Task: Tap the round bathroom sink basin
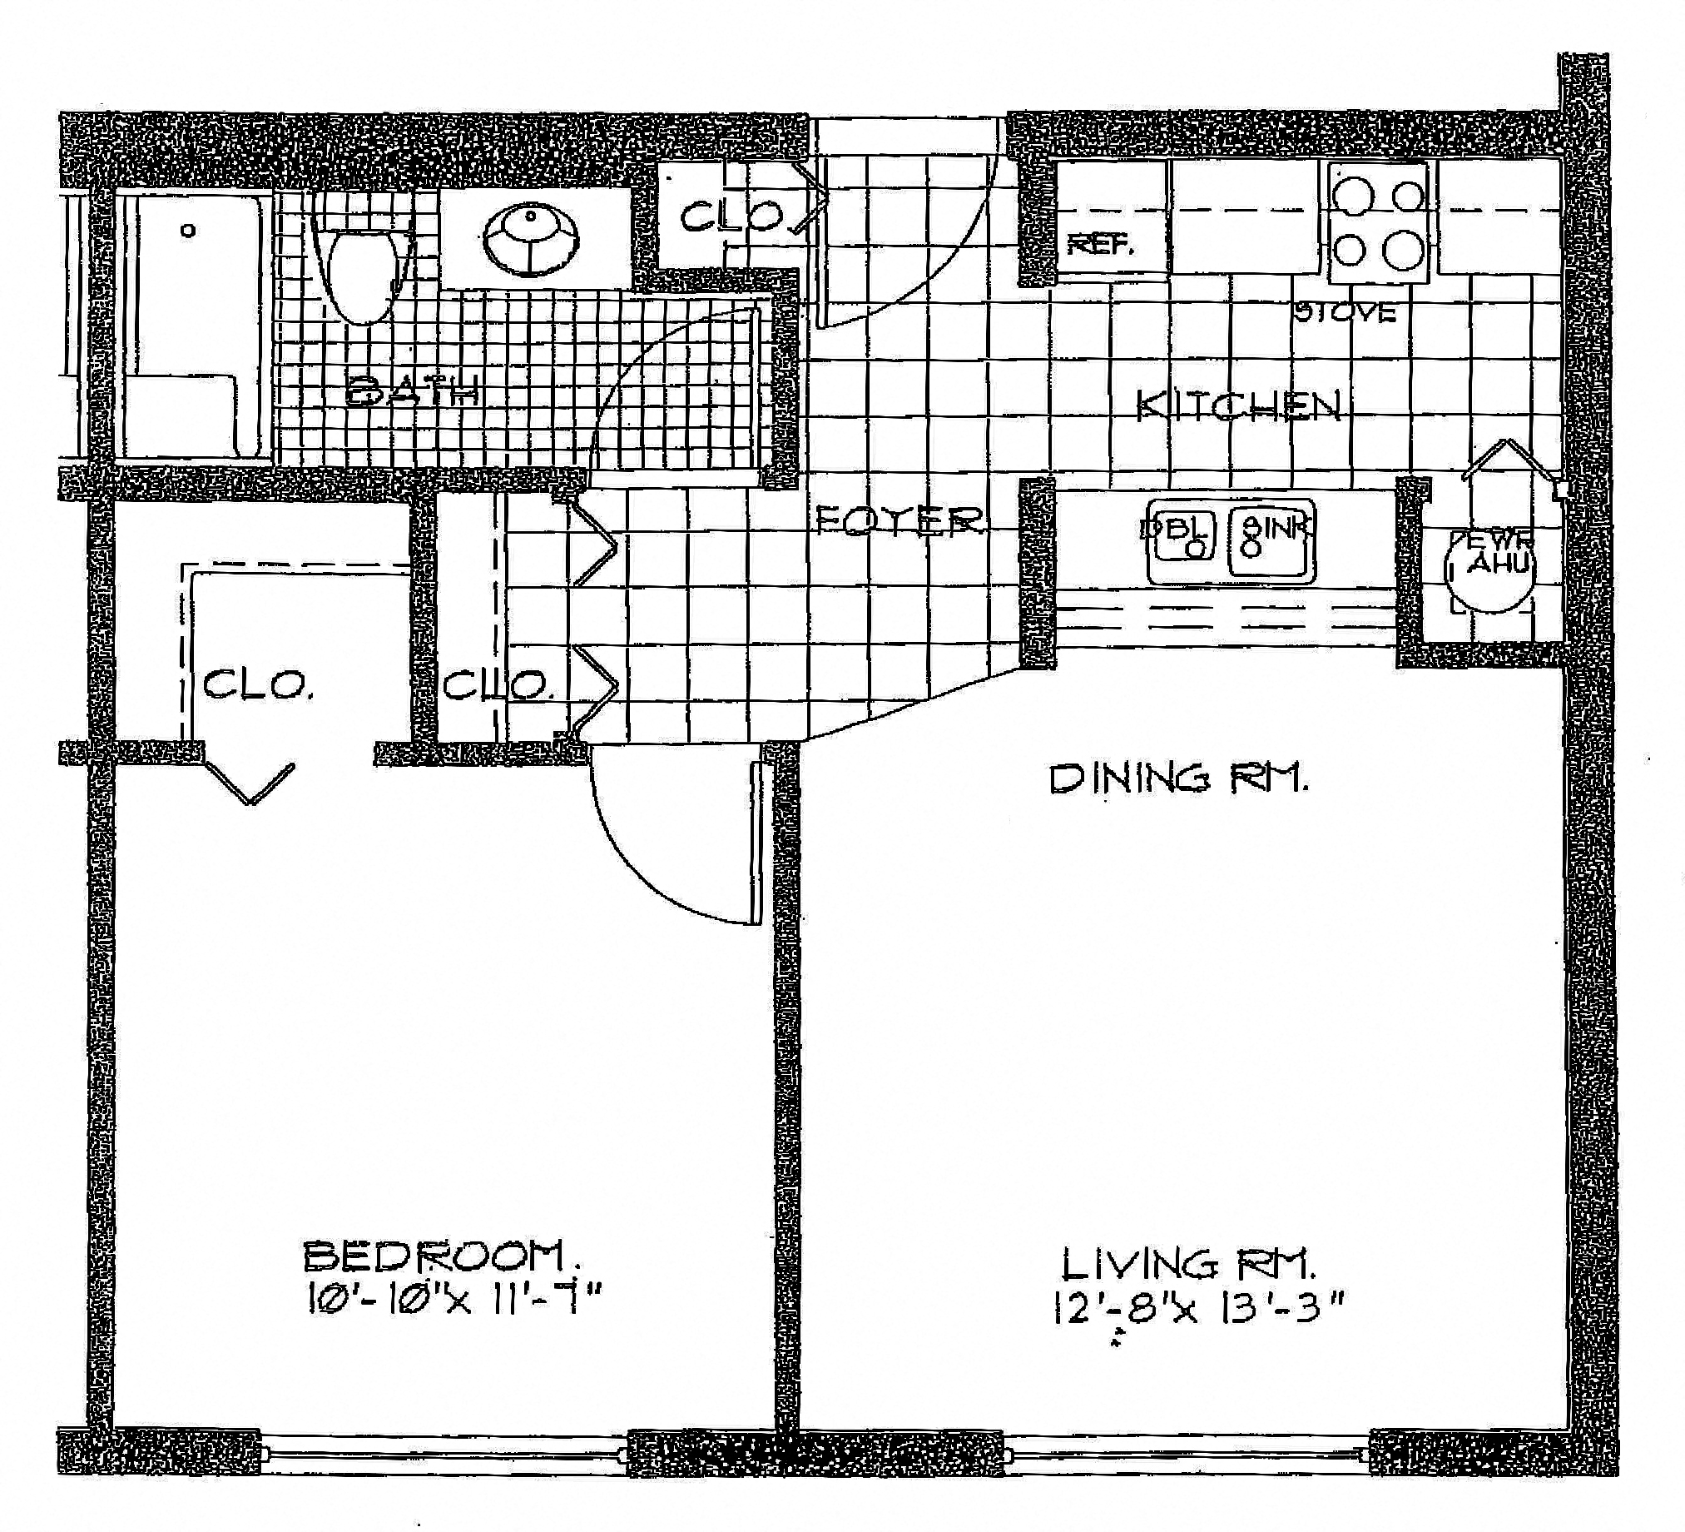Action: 531,239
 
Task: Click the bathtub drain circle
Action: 190,230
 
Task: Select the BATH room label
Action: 413,390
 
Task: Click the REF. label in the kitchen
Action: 1101,246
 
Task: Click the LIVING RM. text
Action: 1188,1265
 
